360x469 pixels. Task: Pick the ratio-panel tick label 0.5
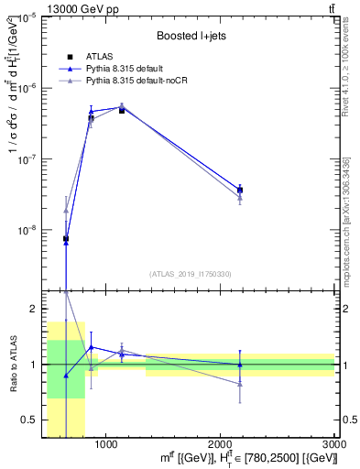pos(28,420)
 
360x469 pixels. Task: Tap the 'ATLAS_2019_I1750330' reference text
pos(190,274)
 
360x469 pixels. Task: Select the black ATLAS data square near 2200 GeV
pos(240,191)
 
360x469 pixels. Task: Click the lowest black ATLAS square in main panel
pos(66,238)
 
